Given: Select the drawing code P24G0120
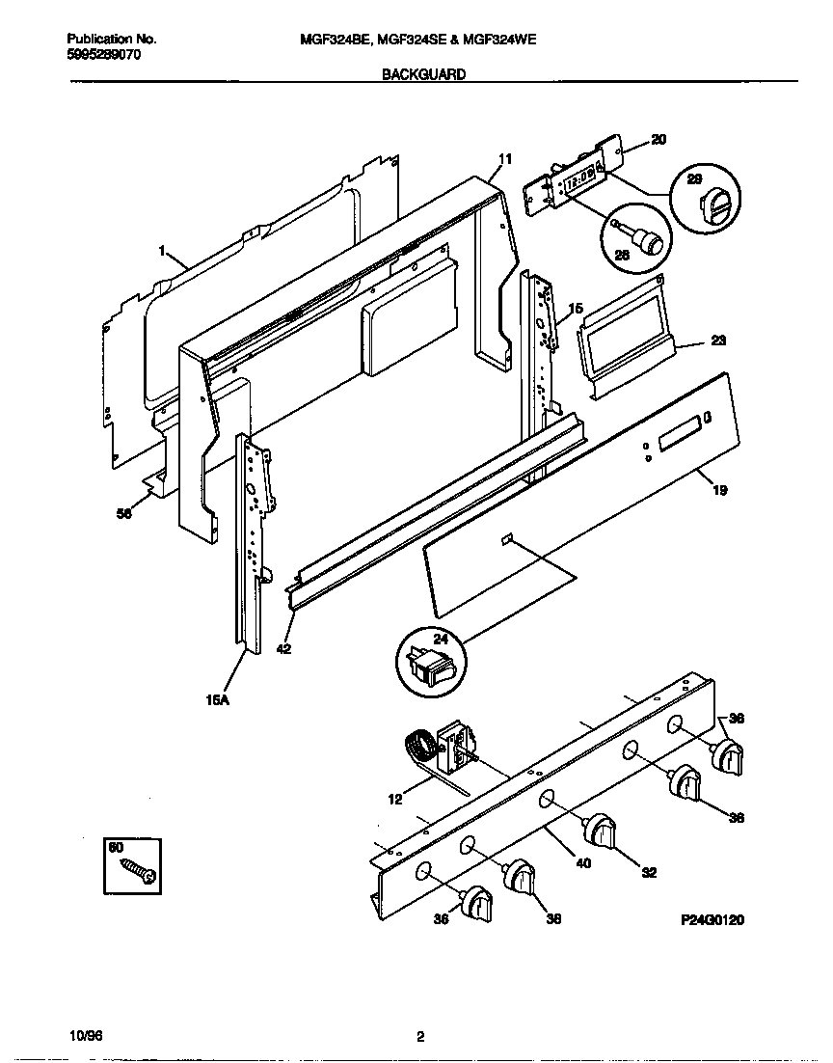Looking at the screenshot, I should pyautogui.click(x=712, y=920).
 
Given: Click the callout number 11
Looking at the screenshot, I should pyautogui.click(x=505, y=159).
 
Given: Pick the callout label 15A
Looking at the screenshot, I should pyautogui.click(x=217, y=701).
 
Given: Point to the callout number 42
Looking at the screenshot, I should pyautogui.click(x=282, y=649).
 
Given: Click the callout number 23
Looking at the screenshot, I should pyautogui.click(x=718, y=341).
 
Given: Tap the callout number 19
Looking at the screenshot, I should pyautogui.click(x=718, y=490).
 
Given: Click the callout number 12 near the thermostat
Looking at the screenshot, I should pyautogui.click(x=396, y=800).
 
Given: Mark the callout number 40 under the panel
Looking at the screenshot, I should pyautogui.click(x=582, y=863).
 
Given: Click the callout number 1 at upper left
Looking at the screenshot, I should pyautogui.click(x=163, y=250).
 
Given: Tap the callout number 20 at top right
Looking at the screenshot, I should pyautogui.click(x=658, y=140).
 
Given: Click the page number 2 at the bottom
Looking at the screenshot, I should pyautogui.click(x=419, y=1038).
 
